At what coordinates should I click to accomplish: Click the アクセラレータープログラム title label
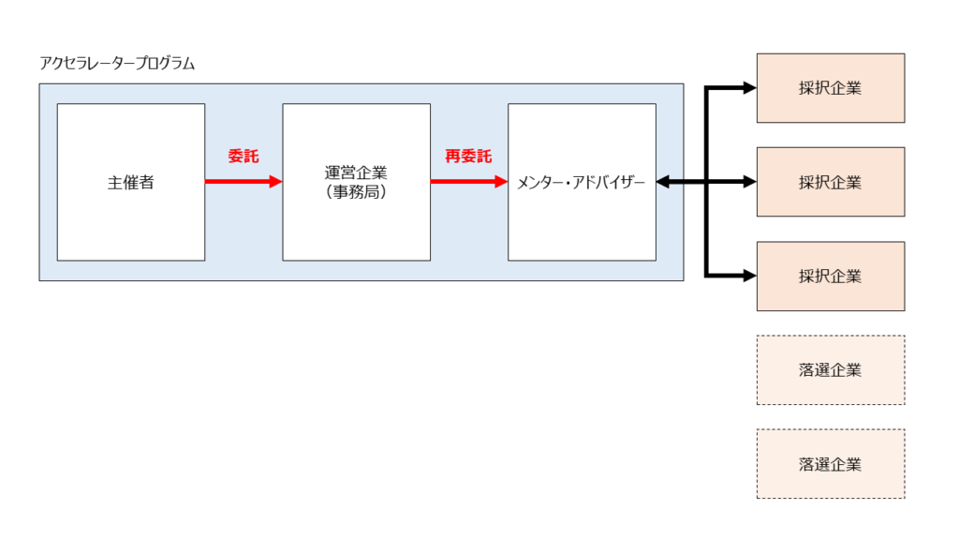117,64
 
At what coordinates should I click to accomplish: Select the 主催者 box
131,182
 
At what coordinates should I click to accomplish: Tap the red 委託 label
243,157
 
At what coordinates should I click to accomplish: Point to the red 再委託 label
468,157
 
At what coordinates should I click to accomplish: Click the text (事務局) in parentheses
356,192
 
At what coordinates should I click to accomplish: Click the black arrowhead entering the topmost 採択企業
748,88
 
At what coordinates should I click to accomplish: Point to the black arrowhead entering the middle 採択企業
748,182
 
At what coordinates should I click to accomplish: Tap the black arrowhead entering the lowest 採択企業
748,276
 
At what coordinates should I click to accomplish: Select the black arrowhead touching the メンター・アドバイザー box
664,182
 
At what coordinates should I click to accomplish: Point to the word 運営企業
356,173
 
